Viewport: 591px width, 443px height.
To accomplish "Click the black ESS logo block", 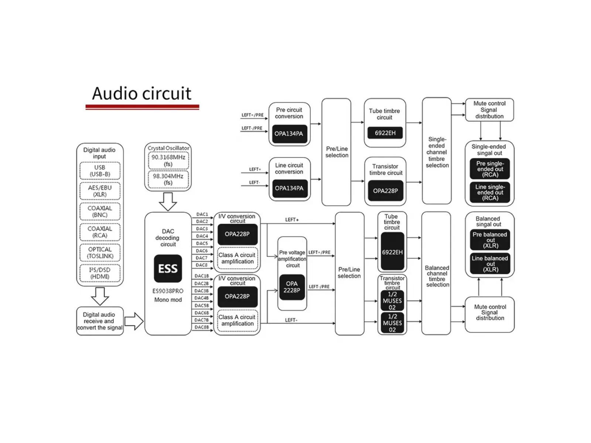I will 168,268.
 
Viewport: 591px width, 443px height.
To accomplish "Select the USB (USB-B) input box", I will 100,171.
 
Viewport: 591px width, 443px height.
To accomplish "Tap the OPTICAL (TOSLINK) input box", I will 100,253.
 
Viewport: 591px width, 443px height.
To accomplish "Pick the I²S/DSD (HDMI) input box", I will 100,273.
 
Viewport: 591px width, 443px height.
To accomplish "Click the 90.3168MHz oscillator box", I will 168,161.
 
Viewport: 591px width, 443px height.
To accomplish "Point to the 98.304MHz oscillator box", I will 168,179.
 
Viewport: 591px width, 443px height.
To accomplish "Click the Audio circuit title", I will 142,93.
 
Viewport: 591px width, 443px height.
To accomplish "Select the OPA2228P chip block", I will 292,287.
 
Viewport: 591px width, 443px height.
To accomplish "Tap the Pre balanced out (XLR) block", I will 490,240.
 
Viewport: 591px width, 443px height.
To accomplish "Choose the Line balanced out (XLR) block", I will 490,264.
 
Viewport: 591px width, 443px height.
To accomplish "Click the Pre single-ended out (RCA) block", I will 490,169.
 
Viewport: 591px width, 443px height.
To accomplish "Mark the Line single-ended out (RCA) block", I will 490,192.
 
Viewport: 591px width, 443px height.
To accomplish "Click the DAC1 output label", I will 202,214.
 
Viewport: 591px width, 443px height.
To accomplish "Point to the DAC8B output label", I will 202,327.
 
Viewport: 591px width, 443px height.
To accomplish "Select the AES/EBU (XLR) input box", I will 100,191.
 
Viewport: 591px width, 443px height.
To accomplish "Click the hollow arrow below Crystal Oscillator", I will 168,202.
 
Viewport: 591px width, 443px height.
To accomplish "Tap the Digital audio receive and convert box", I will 99,321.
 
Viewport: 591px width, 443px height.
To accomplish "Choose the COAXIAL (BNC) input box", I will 100,212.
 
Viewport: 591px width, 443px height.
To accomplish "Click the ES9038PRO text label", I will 168,291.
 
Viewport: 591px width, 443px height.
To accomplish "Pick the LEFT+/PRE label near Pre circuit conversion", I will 252,115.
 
